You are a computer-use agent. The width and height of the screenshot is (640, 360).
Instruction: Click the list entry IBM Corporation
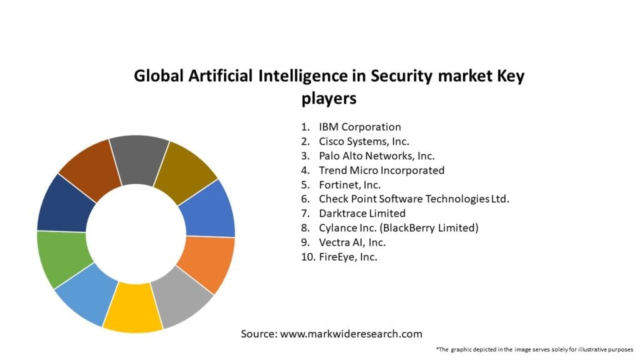coord(359,127)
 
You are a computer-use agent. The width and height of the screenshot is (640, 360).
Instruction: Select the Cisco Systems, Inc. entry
coord(364,141)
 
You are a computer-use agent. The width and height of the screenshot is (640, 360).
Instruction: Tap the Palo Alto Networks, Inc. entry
coord(376,156)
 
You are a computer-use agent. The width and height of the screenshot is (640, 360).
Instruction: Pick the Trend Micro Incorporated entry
coord(381,170)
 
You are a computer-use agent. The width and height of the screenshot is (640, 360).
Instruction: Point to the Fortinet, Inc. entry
coord(349,184)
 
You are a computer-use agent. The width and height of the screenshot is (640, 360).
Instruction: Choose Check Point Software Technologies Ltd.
coord(414,199)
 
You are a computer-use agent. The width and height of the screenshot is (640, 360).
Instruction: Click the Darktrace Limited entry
coord(362,213)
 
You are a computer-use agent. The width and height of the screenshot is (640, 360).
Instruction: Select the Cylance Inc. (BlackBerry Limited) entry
coord(398,227)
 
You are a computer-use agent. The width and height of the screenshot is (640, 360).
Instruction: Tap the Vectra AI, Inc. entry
coord(352,242)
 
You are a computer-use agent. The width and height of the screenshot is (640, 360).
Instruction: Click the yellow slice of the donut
coord(132,309)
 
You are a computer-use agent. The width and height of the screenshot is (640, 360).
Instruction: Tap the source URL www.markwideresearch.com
coord(351,334)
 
